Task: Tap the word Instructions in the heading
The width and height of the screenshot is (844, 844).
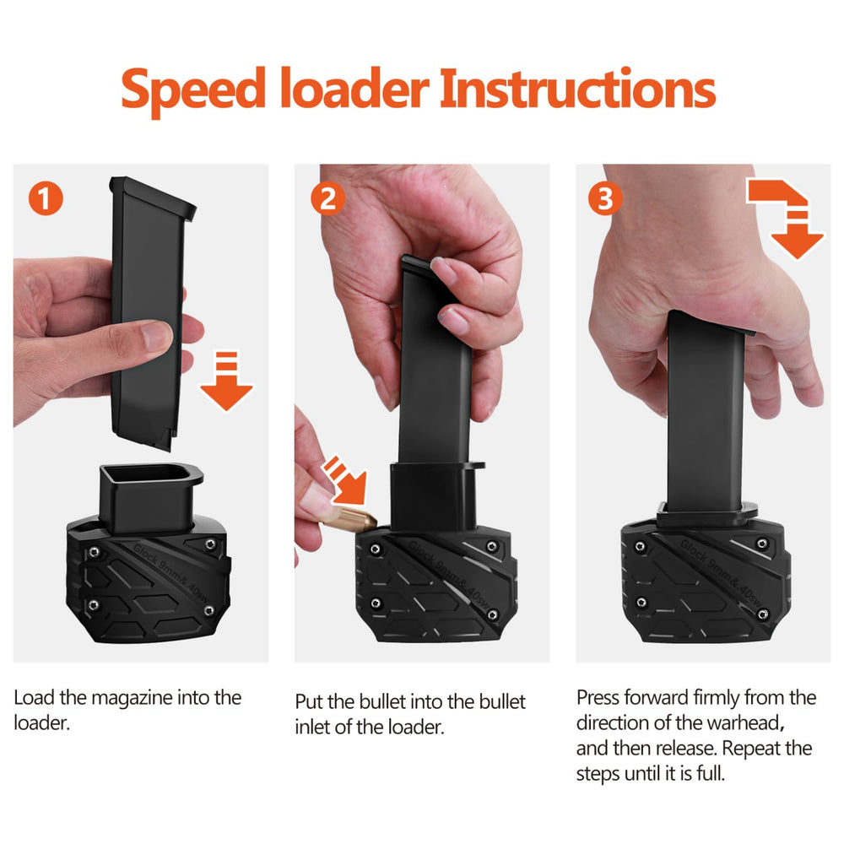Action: pyautogui.click(x=577, y=88)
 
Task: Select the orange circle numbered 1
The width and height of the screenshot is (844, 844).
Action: pyautogui.click(x=46, y=198)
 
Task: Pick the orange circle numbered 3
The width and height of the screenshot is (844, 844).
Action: pyautogui.click(x=605, y=198)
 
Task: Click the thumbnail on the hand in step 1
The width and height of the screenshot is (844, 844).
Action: pyautogui.click(x=157, y=334)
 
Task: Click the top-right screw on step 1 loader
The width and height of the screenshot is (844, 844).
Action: pyautogui.click(x=210, y=544)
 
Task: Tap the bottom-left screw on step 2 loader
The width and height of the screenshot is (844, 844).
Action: pyautogui.click(x=376, y=603)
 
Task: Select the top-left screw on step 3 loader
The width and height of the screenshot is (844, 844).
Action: pyautogui.click(x=640, y=547)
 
